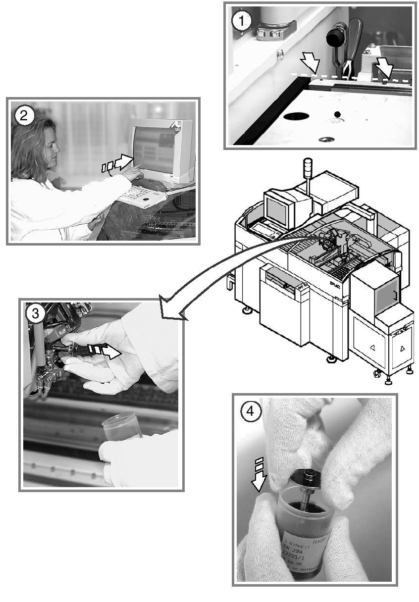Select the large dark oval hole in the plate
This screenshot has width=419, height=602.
click(297, 117)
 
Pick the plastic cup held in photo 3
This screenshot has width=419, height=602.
click(121, 426)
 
